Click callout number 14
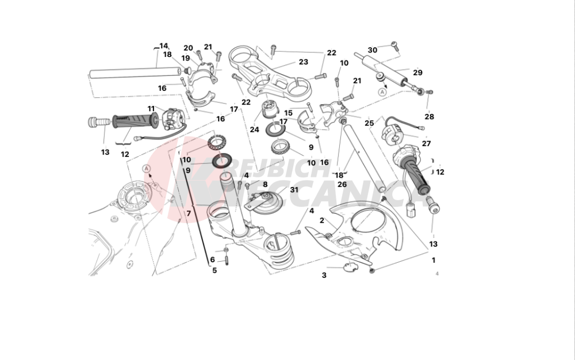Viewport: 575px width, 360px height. pyautogui.click(x=164, y=46)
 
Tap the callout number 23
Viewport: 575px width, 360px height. pyautogui.click(x=303, y=62)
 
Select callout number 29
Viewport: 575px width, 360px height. pyautogui.click(x=417, y=72)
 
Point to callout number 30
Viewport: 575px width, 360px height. pyautogui.click(x=373, y=51)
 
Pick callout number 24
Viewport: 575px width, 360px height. pyautogui.click(x=254, y=129)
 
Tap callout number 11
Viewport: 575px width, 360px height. pyautogui.click(x=151, y=109)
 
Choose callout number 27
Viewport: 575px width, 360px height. pyautogui.click(x=426, y=144)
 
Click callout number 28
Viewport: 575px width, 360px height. pyautogui.click(x=430, y=117)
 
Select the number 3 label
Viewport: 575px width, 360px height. pyautogui.click(x=324, y=275)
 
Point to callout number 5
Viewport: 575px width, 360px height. pyautogui.click(x=214, y=270)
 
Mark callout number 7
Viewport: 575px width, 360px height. pyautogui.click(x=187, y=213)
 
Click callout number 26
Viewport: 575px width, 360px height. pyautogui.click(x=342, y=184)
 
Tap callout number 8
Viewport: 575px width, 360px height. pyautogui.click(x=265, y=184)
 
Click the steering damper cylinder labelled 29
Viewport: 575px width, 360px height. pyautogui.click(x=388, y=70)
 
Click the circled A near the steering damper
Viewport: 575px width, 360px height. pyautogui.click(x=382, y=91)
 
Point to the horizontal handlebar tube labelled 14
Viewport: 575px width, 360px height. pyautogui.click(x=132, y=74)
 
